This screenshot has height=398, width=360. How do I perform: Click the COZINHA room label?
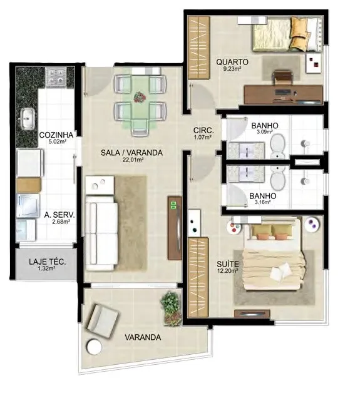(x=56, y=135)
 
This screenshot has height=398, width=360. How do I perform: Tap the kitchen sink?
(x=28, y=119)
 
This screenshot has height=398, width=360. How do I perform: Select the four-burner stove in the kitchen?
(x=56, y=76)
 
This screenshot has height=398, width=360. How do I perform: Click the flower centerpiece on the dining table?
(x=140, y=97)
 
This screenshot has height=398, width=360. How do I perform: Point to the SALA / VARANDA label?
(x=131, y=153)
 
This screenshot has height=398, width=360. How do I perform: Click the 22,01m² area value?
(x=131, y=160)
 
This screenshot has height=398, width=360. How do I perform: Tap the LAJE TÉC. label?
(x=47, y=262)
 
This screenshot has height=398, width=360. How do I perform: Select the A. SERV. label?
(x=59, y=215)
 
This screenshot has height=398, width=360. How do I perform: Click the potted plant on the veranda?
(x=171, y=309)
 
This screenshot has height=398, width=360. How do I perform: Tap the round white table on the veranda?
(x=94, y=346)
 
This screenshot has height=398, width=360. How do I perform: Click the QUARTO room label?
(x=232, y=62)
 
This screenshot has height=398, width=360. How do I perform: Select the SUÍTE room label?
(x=228, y=264)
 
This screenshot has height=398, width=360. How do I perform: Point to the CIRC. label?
(x=203, y=131)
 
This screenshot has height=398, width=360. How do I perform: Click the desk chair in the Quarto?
(x=282, y=77)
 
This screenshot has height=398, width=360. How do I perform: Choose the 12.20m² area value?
(x=227, y=270)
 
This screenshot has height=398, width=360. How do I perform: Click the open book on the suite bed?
(x=280, y=271)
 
